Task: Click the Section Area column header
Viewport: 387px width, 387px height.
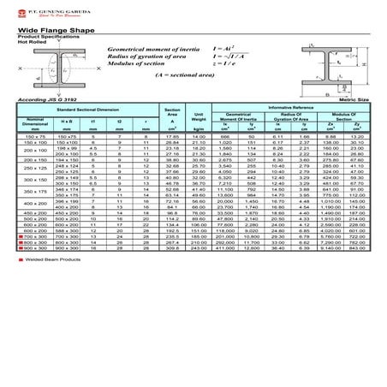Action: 171,113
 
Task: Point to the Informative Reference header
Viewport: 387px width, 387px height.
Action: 291,107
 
